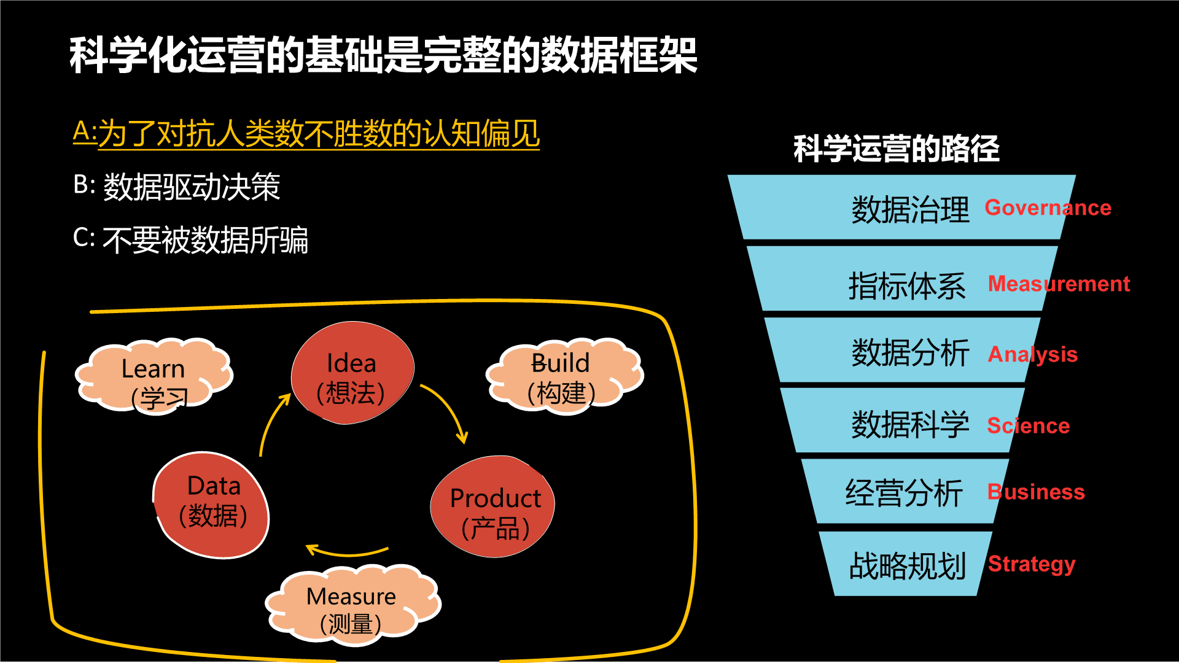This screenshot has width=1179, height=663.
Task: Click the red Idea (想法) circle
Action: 352,373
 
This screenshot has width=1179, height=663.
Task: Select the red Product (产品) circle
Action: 493,507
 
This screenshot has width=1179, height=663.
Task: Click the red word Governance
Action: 1048,207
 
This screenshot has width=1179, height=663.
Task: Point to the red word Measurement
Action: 1059,284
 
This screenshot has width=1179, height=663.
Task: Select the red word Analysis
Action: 1032,354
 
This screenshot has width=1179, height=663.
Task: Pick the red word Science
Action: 1028,425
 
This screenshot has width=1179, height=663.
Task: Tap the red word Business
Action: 1036,492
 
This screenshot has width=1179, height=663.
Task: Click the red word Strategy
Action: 1032,564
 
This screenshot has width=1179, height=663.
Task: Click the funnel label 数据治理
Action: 910,209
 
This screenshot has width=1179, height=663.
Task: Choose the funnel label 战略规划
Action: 907,565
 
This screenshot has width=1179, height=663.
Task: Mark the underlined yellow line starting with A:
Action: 306,134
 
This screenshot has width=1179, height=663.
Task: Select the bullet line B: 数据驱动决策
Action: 177,187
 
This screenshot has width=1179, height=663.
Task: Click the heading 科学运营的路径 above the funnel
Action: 897,149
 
